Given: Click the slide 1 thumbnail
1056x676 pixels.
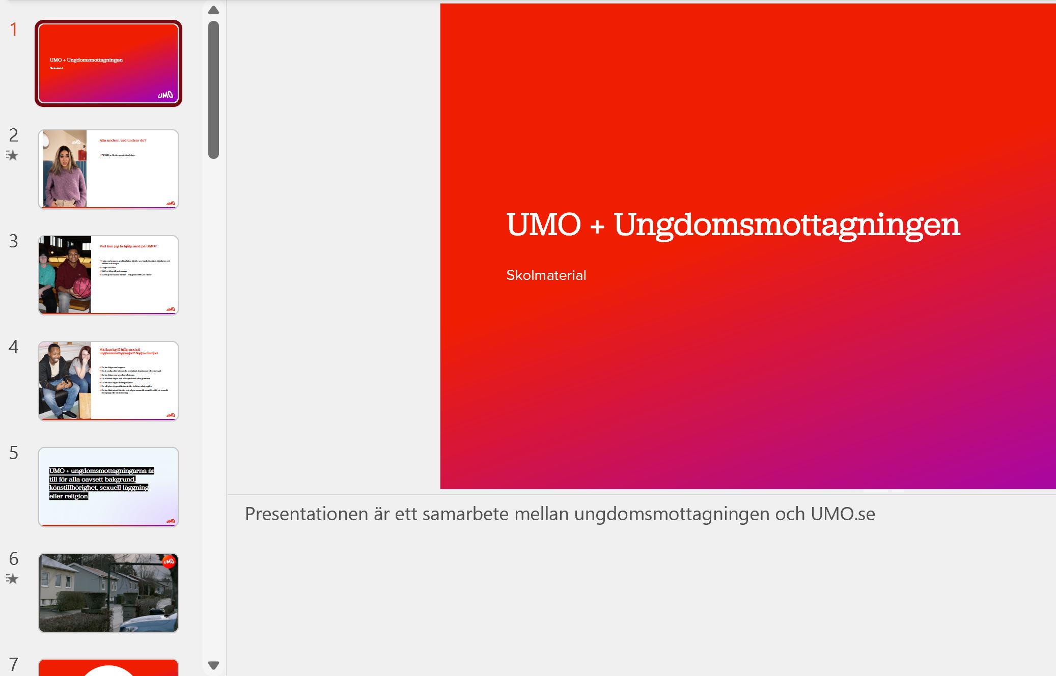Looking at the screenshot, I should pos(108,63).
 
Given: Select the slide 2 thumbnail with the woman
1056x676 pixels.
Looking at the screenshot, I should pos(108,169).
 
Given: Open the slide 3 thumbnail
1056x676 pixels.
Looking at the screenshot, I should pos(108,275).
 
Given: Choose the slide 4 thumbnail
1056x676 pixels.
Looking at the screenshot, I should pos(108,381).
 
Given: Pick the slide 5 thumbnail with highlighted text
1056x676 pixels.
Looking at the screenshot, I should pos(108,487).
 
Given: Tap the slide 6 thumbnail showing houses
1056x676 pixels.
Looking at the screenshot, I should pos(108,593).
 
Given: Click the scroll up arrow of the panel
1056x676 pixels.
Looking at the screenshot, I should pos(214,10).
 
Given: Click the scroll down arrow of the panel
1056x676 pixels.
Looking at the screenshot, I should pos(214,665).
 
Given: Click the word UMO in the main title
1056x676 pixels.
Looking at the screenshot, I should pos(543,225).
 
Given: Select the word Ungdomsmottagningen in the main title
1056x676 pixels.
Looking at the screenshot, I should pos(787,225).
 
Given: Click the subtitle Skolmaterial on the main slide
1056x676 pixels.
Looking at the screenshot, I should pos(546,275).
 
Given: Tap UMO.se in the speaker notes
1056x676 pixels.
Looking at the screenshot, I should pos(843,514).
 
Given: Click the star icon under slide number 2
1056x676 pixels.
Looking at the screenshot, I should pos(12,155).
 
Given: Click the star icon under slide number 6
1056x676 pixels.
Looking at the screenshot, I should pos(12,579).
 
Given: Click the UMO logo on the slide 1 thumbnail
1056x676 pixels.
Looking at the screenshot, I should pos(165,95).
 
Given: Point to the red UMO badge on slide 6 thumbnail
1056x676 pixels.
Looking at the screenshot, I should pos(169,561).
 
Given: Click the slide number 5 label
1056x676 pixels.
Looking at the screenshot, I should pos(14,453).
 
